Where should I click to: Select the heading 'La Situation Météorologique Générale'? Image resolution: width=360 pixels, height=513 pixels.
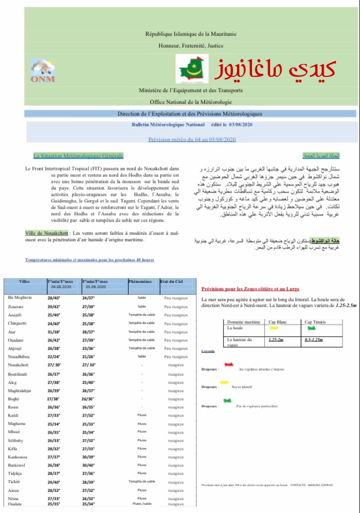coord(78,156)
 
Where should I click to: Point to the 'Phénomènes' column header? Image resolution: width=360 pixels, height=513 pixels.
coord(140,281)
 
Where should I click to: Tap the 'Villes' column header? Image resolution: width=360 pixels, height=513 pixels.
coord(24,281)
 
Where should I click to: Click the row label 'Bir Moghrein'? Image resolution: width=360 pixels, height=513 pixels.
coord(19,298)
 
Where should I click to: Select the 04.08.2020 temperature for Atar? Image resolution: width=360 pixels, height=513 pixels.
coord(54,332)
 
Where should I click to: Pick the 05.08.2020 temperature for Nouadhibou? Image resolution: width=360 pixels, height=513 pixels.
coord(88,357)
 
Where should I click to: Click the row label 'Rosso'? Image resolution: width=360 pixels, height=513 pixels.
coord(13,407)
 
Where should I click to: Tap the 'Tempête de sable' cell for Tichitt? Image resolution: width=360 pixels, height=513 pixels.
coord(142,482)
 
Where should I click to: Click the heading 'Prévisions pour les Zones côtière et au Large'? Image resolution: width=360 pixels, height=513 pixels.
coord(250,289)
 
